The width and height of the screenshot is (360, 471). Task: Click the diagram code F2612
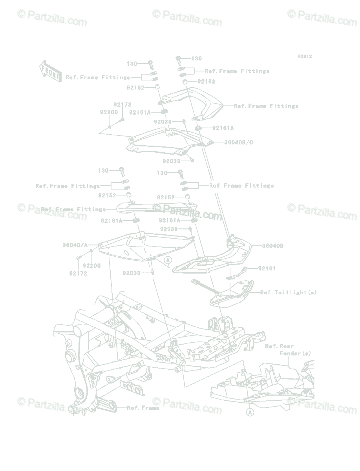coord(304,57)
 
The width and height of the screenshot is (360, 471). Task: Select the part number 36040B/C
coord(238,142)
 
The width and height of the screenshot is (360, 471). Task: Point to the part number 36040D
coord(272,246)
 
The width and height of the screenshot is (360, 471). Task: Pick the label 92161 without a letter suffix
coord(267,268)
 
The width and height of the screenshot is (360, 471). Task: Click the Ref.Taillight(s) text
coord(288,292)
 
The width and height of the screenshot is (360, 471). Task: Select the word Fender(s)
coord(295,353)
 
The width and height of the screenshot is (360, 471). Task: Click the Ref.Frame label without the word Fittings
coord(143,408)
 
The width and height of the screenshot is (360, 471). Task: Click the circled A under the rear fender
coord(250,412)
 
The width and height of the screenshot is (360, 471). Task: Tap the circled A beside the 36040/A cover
coord(168,260)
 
